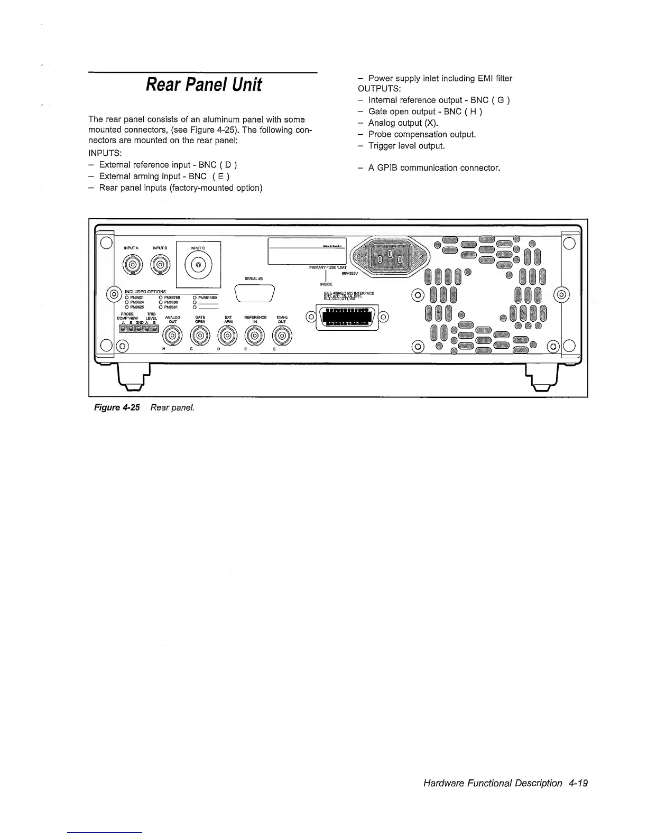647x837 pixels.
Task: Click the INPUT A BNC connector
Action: point(133,265)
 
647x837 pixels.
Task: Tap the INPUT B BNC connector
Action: point(161,265)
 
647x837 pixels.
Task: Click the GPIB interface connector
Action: point(347,318)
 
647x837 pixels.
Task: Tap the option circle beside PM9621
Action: point(127,297)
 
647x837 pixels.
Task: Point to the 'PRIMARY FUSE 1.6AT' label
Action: point(328,267)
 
